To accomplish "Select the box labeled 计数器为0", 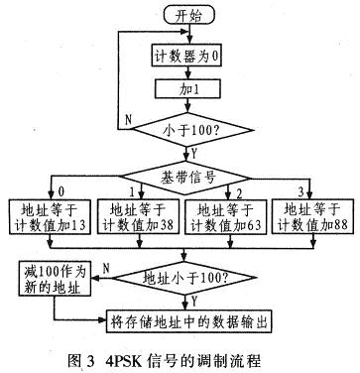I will pos(179,58).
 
